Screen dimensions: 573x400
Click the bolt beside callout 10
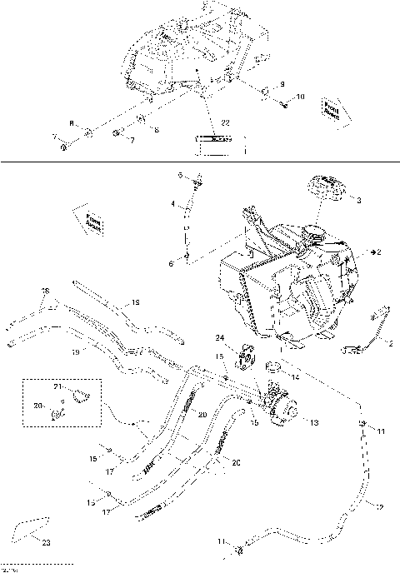286,103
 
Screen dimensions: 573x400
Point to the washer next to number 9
264,91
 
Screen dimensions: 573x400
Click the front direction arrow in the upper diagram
332,111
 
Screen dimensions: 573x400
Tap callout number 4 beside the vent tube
173,204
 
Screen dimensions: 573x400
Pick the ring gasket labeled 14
273,366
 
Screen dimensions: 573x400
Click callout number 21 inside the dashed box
58,389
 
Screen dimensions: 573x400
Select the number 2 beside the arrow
379,251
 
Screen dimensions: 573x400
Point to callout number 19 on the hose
74,353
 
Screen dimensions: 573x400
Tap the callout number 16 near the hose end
46,291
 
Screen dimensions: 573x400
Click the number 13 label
314,423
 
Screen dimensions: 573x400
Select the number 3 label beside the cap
358,201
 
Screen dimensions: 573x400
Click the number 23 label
45,543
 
